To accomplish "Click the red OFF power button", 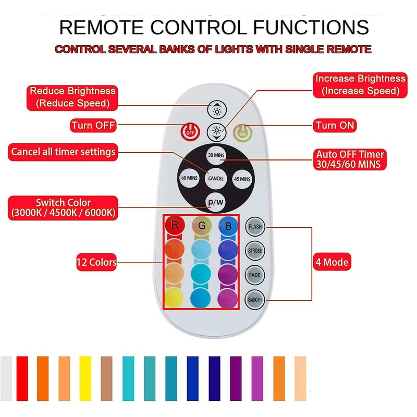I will click(189, 131).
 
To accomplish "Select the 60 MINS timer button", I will click(189, 178).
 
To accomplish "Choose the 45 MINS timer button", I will click(242, 179).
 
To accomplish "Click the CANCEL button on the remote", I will click(215, 178).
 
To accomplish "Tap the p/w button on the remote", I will click(215, 201).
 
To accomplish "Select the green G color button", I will click(201, 226).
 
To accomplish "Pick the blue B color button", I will click(228, 226).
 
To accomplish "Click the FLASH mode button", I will click(255, 227).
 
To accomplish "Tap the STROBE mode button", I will click(255, 251).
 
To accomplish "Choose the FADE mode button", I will click(255, 275).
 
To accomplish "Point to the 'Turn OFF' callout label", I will click(94, 126).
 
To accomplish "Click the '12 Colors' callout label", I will click(96, 262).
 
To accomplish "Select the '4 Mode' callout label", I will click(331, 262).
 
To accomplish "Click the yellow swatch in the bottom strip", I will click(85, 371).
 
